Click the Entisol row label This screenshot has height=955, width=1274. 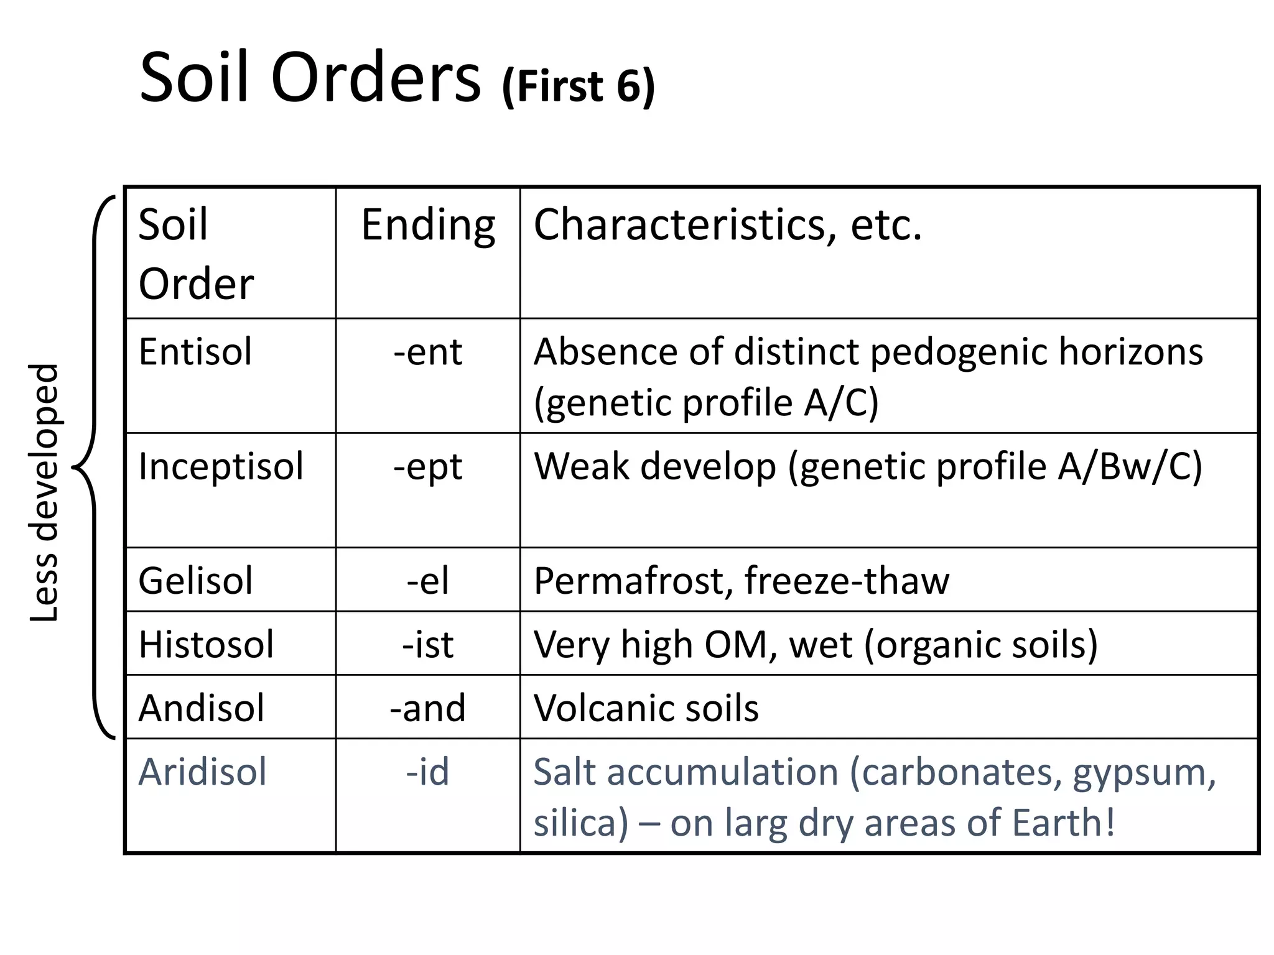(195, 352)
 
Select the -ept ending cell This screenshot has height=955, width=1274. (427, 466)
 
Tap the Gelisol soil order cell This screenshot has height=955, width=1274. (195, 581)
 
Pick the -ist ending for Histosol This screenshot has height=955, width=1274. (427, 644)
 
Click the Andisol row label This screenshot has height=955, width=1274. (201, 708)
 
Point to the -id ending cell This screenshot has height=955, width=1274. (427, 772)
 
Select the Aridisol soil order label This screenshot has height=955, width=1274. (202, 772)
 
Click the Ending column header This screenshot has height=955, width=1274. (428, 225)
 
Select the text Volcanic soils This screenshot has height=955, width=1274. (646, 708)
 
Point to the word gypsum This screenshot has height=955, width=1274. (1143, 773)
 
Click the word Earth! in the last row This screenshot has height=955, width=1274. (1063, 823)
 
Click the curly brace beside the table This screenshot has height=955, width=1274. (93, 466)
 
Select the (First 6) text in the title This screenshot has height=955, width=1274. (578, 86)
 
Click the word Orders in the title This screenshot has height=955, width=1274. (376, 78)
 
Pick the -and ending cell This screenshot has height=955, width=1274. (427, 708)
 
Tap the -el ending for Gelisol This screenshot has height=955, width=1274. (427, 581)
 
